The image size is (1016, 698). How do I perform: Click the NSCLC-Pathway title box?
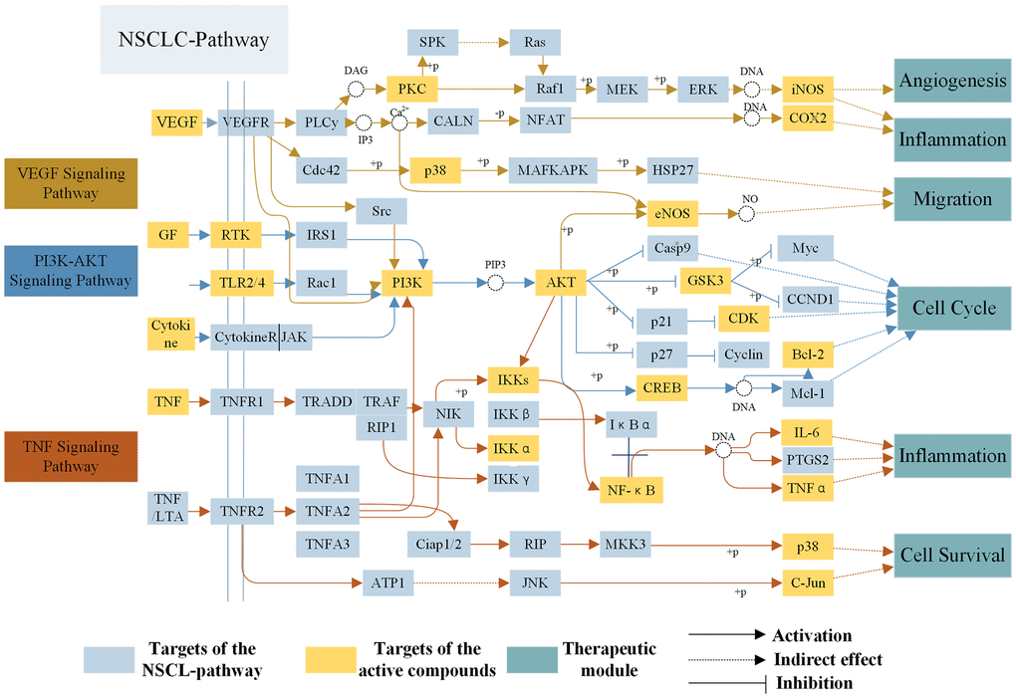194,40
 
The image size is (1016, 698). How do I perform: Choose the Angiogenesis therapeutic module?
952,81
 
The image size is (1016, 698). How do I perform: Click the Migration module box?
952,198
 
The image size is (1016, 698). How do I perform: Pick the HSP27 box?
671,170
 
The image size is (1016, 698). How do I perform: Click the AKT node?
561,283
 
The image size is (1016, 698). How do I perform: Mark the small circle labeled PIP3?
495,283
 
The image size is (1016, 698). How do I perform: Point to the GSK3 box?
705,281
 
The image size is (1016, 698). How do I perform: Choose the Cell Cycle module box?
953,308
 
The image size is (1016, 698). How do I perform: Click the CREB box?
661,389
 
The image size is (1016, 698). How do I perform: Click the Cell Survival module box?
952,555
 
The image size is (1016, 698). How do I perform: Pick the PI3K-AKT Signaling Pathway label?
70,270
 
